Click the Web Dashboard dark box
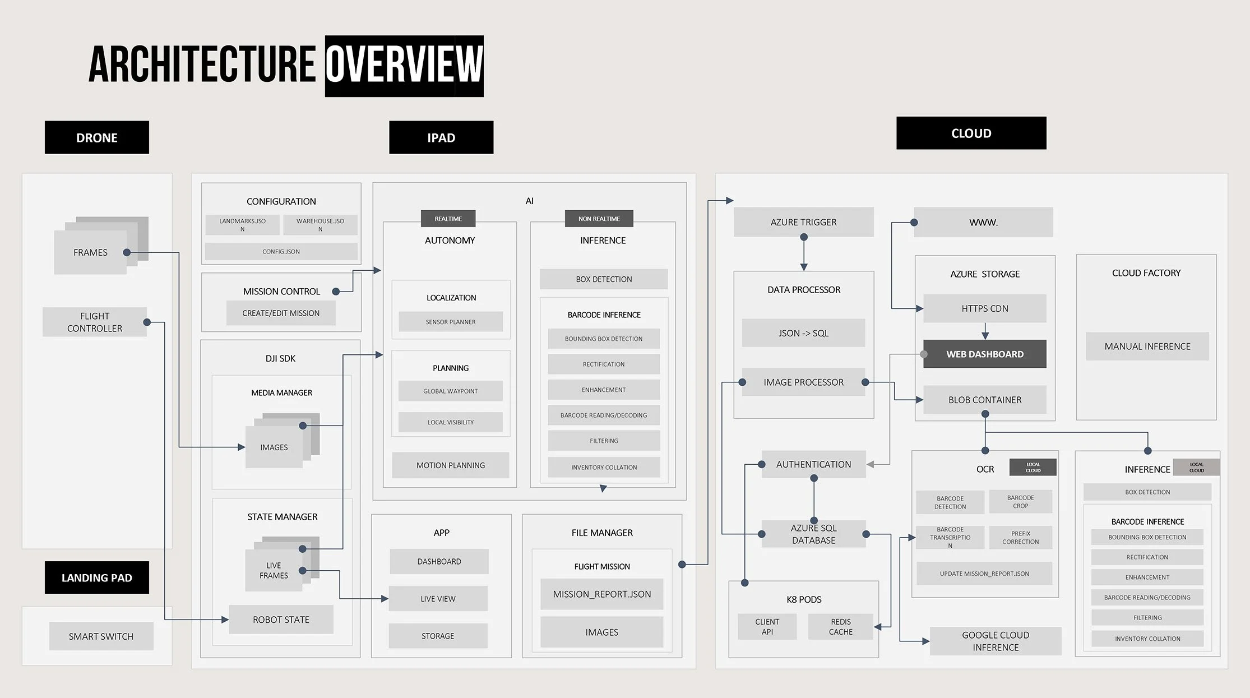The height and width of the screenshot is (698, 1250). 984,354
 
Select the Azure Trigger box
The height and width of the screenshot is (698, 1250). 803,222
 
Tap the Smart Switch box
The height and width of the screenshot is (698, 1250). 101,636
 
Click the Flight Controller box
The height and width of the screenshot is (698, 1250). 94,322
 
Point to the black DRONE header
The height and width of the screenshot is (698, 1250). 96,137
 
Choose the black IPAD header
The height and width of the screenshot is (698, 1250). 441,137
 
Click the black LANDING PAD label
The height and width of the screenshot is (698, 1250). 96,577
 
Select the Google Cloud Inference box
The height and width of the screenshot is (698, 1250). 995,641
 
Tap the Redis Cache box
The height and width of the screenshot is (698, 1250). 840,626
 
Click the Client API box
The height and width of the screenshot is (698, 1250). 767,626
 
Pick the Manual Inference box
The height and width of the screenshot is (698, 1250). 1147,346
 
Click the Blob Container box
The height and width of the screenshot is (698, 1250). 984,400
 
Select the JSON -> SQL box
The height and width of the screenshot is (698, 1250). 803,333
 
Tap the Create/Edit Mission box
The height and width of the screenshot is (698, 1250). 281,313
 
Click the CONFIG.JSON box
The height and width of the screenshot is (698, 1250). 281,251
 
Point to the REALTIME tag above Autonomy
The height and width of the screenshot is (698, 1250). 448,219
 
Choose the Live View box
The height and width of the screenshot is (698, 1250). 438,599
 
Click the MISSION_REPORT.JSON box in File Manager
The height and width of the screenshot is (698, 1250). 601,594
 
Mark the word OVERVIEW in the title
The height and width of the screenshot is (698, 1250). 404,66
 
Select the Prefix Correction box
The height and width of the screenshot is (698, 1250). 1020,538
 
